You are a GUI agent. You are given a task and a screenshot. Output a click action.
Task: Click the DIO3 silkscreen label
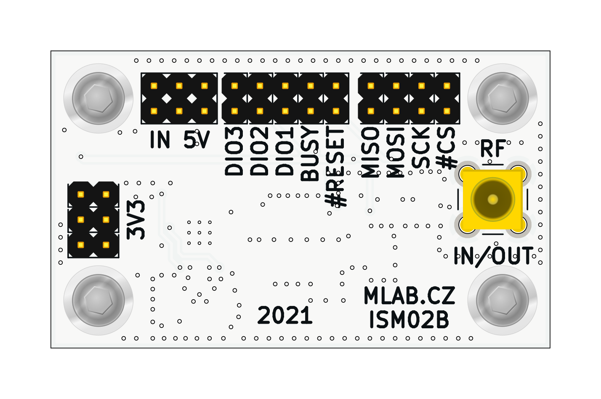click(x=234, y=151)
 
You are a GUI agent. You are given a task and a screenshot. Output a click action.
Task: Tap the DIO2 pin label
click(x=260, y=151)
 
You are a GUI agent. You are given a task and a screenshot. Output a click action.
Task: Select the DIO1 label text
click(x=285, y=151)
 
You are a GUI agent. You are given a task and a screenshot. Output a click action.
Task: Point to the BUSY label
click(x=311, y=154)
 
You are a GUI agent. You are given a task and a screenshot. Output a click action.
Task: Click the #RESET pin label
click(x=336, y=167)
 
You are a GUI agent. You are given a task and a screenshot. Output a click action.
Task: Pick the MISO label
click(x=371, y=152)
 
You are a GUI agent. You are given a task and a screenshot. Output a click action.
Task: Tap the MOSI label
click(x=396, y=152)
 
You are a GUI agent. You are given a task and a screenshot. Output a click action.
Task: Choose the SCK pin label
click(x=421, y=147)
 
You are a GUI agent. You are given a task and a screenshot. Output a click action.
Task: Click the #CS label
click(x=446, y=147)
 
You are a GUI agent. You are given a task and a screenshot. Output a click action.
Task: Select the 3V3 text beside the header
click(x=136, y=219)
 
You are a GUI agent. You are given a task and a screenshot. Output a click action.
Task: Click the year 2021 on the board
click(x=285, y=316)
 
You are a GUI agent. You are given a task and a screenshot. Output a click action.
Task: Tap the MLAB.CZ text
click(x=410, y=296)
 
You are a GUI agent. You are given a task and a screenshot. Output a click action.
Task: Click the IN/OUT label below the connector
click(x=494, y=255)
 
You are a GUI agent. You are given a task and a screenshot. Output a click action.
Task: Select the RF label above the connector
click(x=493, y=149)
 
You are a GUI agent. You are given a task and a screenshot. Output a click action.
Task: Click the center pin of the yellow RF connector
click(x=492, y=199)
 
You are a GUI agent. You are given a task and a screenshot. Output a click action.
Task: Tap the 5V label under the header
click(x=197, y=140)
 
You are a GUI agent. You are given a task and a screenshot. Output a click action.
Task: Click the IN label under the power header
click(x=160, y=140)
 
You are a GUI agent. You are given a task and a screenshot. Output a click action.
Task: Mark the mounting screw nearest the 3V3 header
click(x=98, y=300)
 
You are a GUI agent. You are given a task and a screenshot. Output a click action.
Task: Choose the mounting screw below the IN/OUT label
click(x=502, y=300)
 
